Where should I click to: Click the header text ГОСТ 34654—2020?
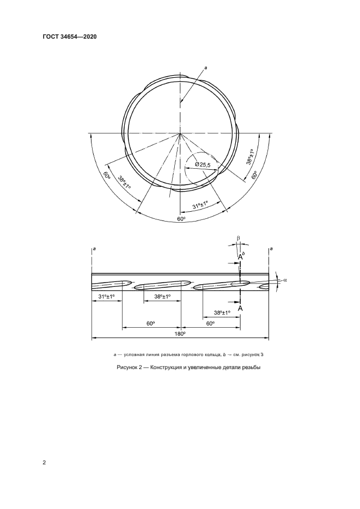pos(70,36)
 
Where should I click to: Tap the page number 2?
pos(44,463)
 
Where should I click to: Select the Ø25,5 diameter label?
pos(203,165)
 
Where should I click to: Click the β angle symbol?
pos(238,238)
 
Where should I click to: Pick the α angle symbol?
pos(285,279)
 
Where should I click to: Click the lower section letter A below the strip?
pos(240,308)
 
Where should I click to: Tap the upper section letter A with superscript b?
pos(241,257)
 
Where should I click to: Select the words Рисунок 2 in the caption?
pos(127,368)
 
